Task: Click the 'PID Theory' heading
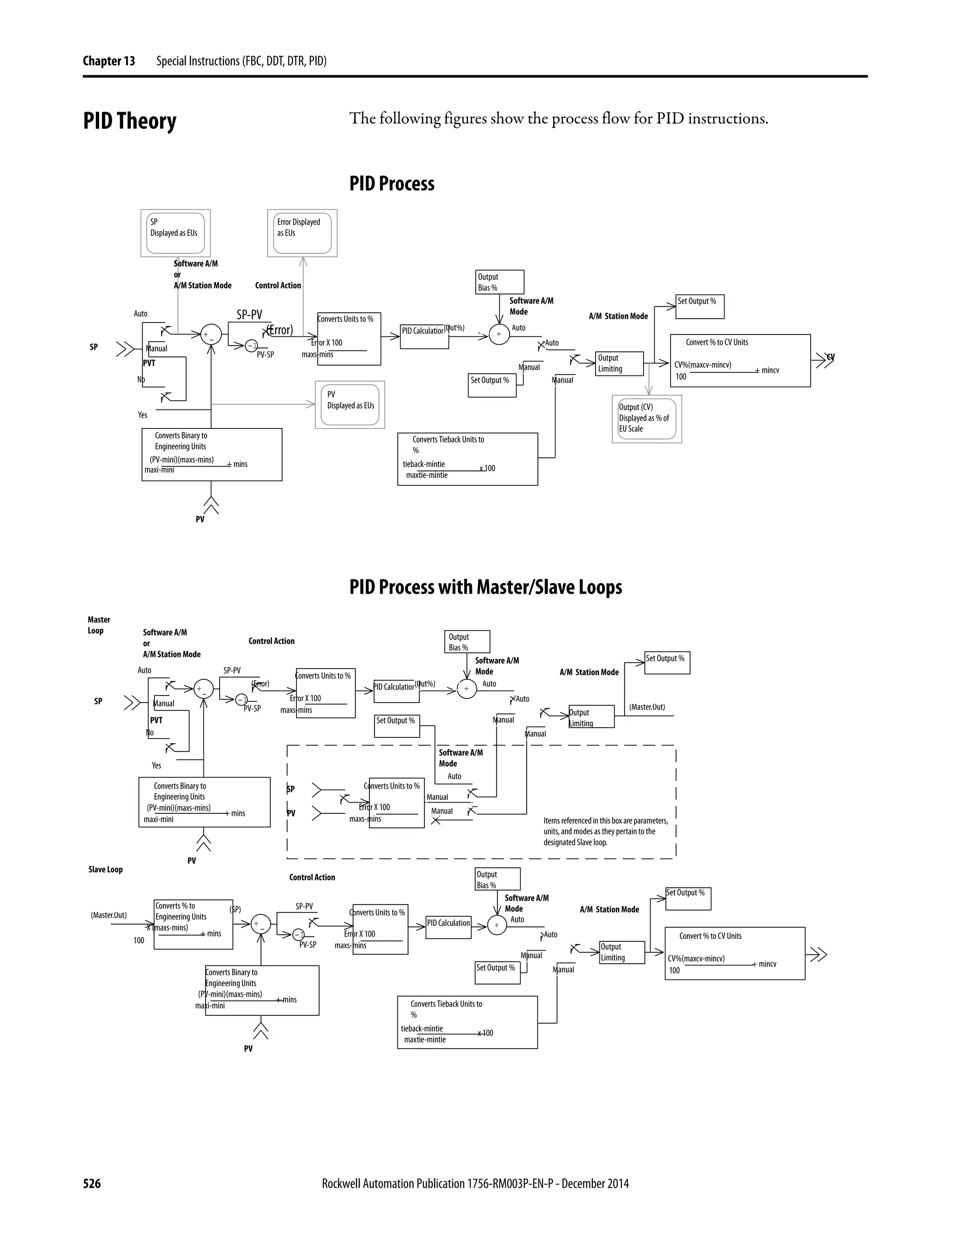coord(129,121)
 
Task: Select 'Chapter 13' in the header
coord(108,61)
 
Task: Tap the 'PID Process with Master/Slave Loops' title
coord(485,587)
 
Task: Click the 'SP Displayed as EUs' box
coord(175,233)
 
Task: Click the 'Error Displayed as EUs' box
coord(302,233)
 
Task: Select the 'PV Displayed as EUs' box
coord(349,404)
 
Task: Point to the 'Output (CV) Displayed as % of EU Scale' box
coord(646,418)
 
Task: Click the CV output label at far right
coord(830,357)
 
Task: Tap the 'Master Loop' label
coord(99,625)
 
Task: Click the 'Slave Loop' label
coord(105,870)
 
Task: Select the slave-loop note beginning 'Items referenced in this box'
coord(605,831)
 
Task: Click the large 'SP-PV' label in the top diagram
coord(249,315)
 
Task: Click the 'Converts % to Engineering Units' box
coord(193,924)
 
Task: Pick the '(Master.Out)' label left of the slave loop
coord(108,915)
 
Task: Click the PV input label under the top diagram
coord(200,519)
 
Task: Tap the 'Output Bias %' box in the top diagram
coord(500,281)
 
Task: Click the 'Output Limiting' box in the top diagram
coord(619,363)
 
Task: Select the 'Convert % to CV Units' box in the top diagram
coord(739,360)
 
